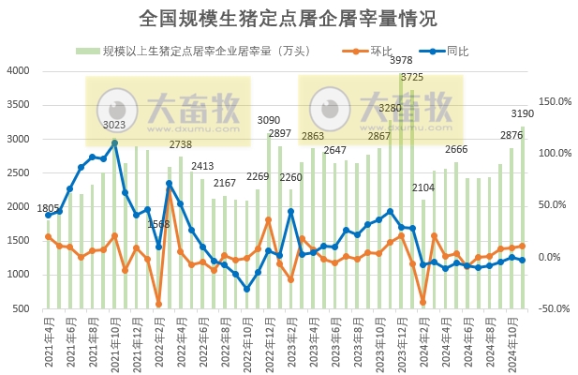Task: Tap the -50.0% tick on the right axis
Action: [x=556, y=308]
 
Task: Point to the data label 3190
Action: [x=523, y=114]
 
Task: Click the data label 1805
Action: [x=48, y=207]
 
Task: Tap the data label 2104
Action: [x=423, y=187]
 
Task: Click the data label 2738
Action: [x=181, y=144]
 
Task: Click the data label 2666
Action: [x=456, y=150]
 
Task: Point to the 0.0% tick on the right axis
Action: [x=559, y=257]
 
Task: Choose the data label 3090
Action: [x=269, y=120]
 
